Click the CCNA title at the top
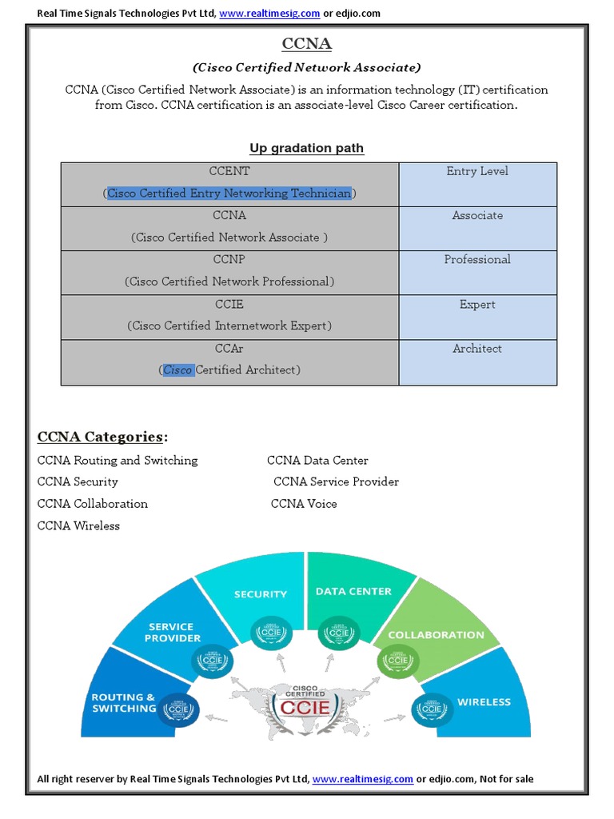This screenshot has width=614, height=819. pyautogui.click(x=307, y=43)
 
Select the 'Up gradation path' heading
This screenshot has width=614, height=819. pyautogui.click(x=307, y=148)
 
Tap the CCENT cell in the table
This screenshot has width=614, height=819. pyautogui.click(x=229, y=171)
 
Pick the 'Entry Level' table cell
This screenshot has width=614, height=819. pyautogui.click(x=477, y=171)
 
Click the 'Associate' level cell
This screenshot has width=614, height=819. pyautogui.click(x=477, y=215)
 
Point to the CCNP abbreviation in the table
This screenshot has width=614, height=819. pyautogui.click(x=229, y=260)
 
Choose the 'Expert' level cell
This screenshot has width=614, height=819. pyautogui.click(x=477, y=304)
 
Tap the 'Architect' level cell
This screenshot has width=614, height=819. pyautogui.click(x=477, y=349)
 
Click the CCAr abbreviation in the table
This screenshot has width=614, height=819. pyautogui.click(x=229, y=349)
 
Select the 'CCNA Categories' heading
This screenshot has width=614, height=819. pyautogui.click(x=103, y=437)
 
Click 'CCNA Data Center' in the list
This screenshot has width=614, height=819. pyautogui.click(x=317, y=461)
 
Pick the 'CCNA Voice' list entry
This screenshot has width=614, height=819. pyautogui.click(x=304, y=504)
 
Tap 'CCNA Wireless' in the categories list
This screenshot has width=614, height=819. pyautogui.click(x=78, y=525)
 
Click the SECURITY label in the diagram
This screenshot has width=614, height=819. pyautogui.click(x=261, y=594)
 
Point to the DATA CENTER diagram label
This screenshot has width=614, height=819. pyautogui.click(x=353, y=592)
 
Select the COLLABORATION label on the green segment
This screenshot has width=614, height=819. pyautogui.click(x=436, y=635)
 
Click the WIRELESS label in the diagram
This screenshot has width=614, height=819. pyautogui.click(x=484, y=702)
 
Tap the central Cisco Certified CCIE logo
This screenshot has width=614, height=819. pyautogui.click(x=307, y=704)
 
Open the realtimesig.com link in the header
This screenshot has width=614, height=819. pyautogui.click(x=269, y=14)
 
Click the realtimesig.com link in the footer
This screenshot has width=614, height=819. pyautogui.click(x=362, y=779)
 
